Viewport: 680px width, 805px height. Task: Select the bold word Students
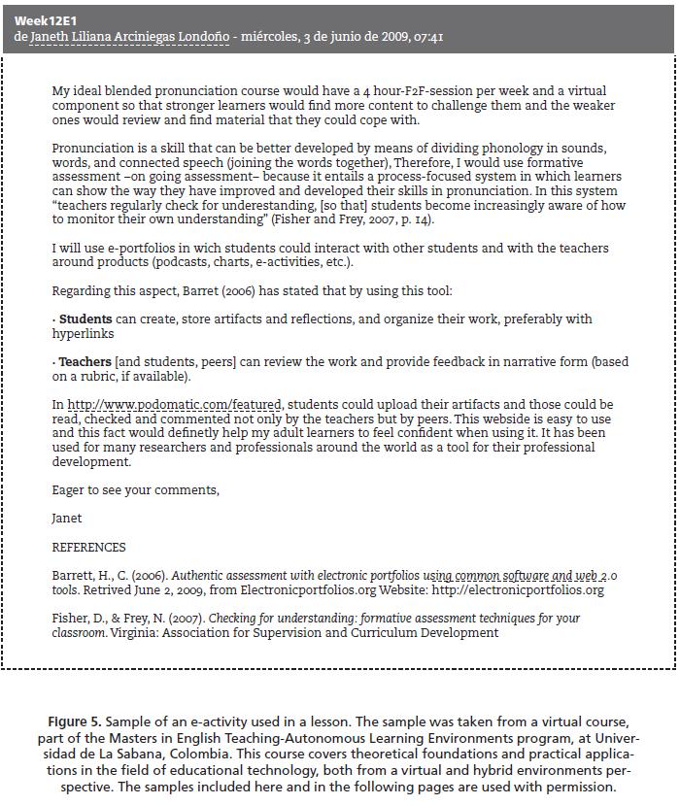tap(85, 319)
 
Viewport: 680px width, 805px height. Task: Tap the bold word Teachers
tap(85, 362)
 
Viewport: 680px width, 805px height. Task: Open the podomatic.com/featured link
tap(174, 405)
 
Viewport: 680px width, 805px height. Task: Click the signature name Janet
tap(67, 519)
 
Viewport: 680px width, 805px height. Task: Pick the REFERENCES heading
tap(88, 547)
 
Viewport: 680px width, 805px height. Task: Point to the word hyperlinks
tap(83, 334)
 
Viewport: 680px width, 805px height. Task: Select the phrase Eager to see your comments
tap(135, 490)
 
